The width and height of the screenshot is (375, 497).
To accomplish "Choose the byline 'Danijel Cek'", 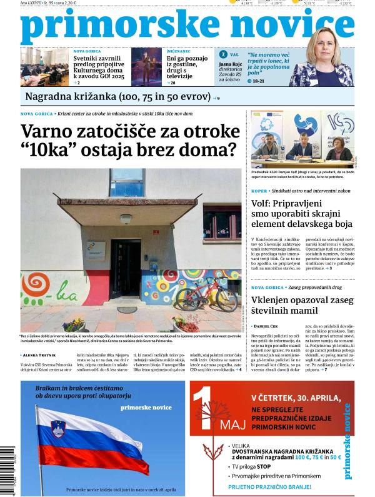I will coord(269,326).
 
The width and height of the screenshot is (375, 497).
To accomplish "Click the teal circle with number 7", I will coord(223,54).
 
